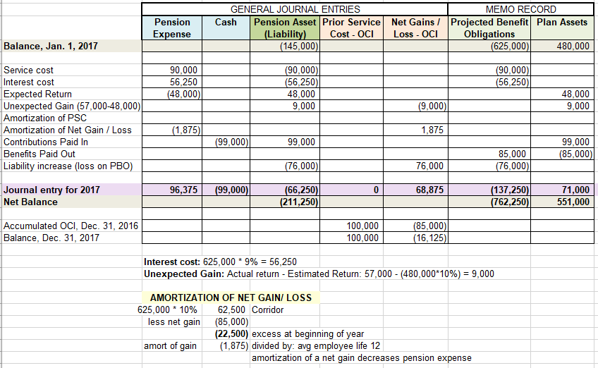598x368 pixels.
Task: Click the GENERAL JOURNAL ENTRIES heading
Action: click(x=295, y=9)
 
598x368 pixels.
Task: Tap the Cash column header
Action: click(x=226, y=23)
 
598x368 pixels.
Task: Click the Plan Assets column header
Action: click(x=562, y=23)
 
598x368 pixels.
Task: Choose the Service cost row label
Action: click(x=29, y=70)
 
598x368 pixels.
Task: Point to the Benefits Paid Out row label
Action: click(x=39, y=154)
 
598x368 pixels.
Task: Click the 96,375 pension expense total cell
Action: click(x=184, y=190)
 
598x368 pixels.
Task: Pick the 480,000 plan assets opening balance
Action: click(x=573, y=47)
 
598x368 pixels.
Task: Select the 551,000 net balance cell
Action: click(x=573, y=202)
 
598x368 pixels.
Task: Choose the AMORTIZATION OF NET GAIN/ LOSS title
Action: click(x=231, y=298)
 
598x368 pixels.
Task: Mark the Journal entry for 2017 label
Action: click(x=51, y=190)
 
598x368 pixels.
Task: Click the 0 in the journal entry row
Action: click(x=377, y=190)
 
